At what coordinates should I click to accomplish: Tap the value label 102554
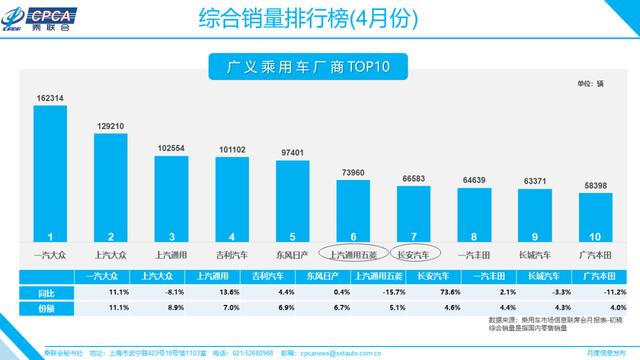point(170,147)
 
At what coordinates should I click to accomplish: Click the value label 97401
point(292,151)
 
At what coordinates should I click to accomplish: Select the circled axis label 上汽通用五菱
point(354,254)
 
